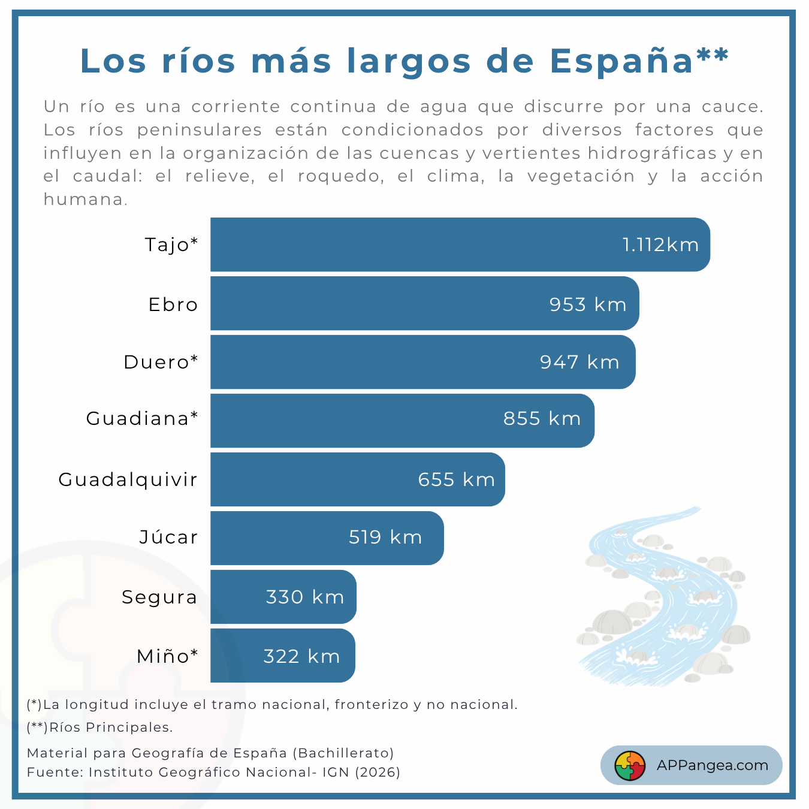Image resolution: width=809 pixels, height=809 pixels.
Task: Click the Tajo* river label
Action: point(171,244)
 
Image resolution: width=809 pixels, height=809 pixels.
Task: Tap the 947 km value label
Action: point(579,362)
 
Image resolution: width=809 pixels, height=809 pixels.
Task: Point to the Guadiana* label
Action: point(142,418)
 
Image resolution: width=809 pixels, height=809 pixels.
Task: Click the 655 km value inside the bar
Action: point(456,479)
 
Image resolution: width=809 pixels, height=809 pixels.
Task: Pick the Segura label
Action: point(159,597)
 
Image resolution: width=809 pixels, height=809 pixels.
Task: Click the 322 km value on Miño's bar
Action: point(301,656)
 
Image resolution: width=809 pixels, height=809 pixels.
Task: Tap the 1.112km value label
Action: point(660,244)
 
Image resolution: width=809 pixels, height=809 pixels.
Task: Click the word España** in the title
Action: point(639,61)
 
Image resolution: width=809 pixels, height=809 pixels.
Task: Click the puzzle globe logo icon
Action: point(630,766)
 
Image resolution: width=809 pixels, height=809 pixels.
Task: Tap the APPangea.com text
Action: point(712,765)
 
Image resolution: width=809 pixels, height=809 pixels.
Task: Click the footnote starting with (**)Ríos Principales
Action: point(99,728)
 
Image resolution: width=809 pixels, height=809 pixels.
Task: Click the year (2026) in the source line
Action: point(378,772)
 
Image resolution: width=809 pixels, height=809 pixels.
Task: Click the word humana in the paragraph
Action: point(84,200)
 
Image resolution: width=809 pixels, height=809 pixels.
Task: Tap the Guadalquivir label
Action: point(128,479)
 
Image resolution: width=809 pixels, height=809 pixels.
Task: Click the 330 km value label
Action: point(304,597)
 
